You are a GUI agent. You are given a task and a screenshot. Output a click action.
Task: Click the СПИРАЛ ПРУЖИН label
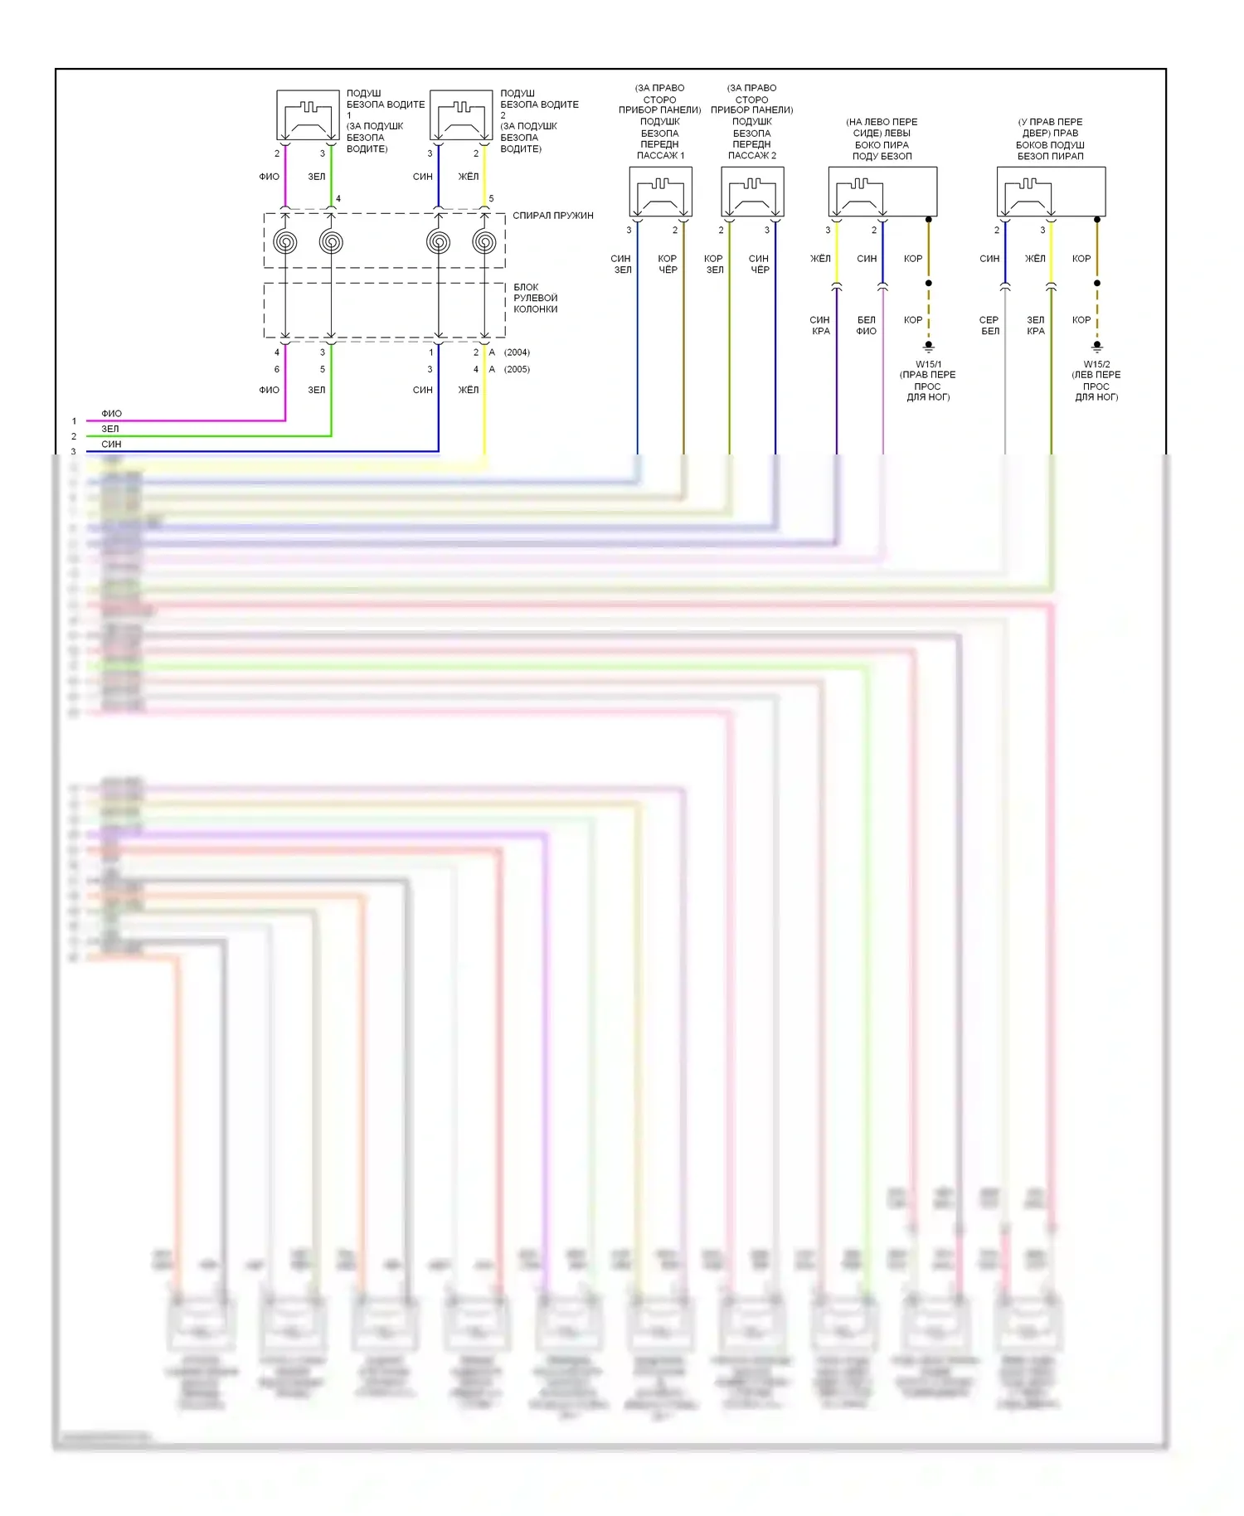tap(552, 216)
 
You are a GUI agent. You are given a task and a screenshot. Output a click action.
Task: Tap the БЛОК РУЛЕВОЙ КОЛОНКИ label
tap(535, 299)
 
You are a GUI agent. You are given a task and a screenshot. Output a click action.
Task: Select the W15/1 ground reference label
tap(928, 364)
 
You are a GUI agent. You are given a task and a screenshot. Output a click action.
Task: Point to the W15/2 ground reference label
tap(1096, 364)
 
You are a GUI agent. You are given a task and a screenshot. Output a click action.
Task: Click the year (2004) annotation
tap(517, 352)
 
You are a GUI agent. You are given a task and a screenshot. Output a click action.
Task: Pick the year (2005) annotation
tap(517, 369)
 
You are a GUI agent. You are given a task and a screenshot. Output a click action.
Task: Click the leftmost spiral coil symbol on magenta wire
tap(285, 242)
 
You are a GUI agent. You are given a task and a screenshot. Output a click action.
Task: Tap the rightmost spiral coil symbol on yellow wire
tap(484, 242)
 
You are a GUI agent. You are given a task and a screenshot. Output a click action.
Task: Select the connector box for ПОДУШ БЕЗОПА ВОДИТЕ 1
tap(308, 115)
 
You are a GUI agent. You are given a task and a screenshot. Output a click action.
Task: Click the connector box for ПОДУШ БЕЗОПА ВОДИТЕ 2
tap(461, 115)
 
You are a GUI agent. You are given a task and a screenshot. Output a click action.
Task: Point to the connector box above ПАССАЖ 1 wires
tap(660, 192)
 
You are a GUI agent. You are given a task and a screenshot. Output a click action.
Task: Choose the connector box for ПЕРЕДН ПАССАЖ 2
tap(752, 192)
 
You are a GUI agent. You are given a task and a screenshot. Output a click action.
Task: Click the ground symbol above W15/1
tap(929, 346)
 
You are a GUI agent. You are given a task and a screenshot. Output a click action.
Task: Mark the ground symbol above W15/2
tap(1097, 346)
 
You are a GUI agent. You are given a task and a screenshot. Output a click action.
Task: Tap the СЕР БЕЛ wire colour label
tap(989, 325)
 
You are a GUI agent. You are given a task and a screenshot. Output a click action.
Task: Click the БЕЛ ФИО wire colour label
tap(866, 325)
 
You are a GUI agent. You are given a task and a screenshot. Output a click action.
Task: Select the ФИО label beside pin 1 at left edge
tap(111, 413)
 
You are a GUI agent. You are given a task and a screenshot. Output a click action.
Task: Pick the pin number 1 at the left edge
tap(74, 421)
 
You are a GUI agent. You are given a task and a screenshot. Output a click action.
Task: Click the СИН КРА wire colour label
tap(820, 325)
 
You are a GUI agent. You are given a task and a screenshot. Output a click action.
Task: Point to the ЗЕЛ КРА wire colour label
tap(1036, 325)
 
